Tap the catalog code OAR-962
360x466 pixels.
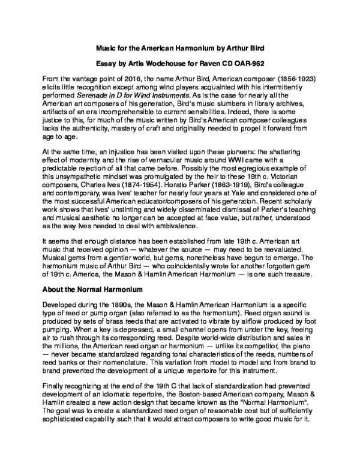(249, 63)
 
